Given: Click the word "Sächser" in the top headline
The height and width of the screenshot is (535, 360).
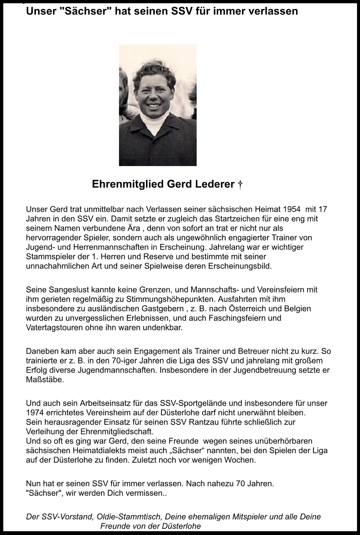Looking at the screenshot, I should click(96, 11).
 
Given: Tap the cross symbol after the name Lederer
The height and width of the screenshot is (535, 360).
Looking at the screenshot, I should click(240, 185).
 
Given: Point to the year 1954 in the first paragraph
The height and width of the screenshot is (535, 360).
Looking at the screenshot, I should click(292, 209).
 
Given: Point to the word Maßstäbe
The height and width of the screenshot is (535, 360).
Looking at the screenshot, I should click(45, 380).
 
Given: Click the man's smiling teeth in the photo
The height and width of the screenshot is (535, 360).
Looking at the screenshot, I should click(154, 105).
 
